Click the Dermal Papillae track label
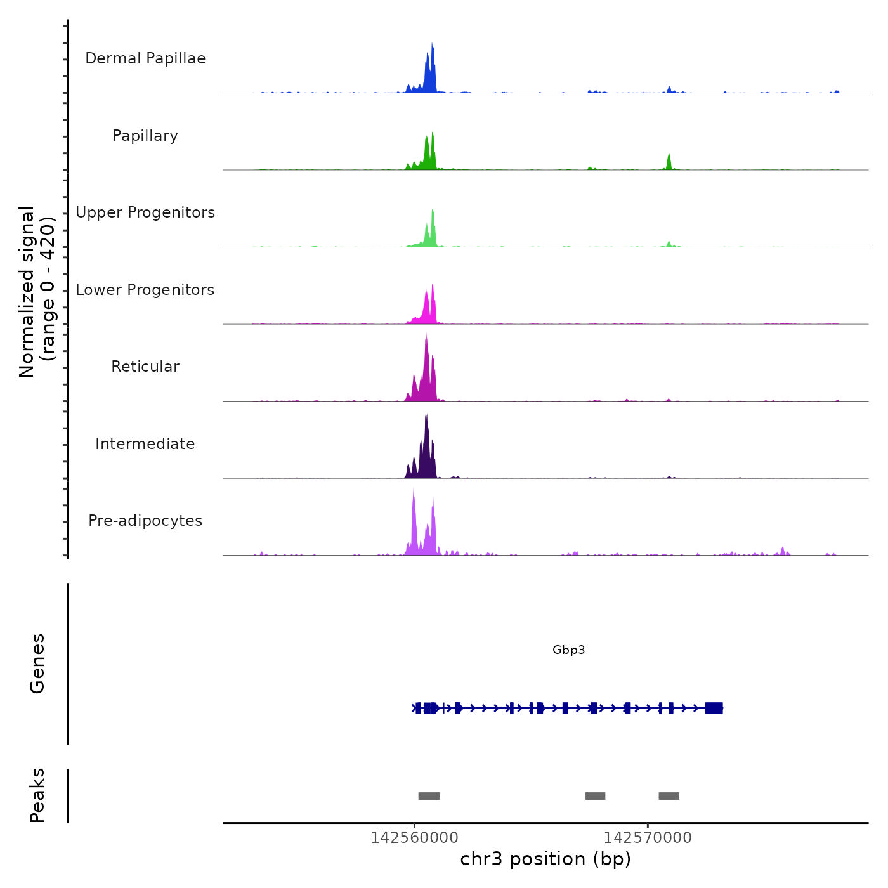click(145, 58)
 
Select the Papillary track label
click(145, 136)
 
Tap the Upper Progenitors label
click(145, 212)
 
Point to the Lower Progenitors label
click(145, 290)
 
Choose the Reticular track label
click(145, 367)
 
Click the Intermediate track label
click(145, 444)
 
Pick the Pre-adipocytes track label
click(145, 521)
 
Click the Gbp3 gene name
click(568, 650)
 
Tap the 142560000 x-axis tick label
click(414, 837)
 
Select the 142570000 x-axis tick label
click(648, 837)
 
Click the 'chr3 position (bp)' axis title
click(545, 859)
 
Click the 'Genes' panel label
click(37, 663)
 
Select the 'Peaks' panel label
click(37, 795)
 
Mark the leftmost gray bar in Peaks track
click(429, 796)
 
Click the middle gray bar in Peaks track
click(595, 796)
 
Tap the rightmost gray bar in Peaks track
click(669, 796)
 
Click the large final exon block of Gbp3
click(714, 708)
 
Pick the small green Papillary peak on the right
click(669, 162)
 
